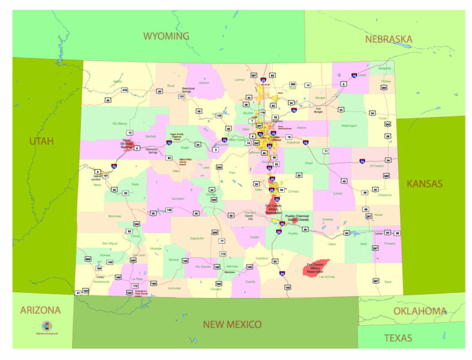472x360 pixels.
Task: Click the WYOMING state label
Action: [166, 37]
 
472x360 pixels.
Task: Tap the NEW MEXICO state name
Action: [232, 325]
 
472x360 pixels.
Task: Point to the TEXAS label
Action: [398, 338]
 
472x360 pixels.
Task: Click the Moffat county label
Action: [118, 81]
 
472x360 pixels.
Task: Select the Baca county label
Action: [387, 281]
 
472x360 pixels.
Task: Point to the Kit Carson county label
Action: [377, 166]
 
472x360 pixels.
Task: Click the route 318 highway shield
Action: [125, 90]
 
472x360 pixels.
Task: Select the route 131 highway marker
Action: [182, 96]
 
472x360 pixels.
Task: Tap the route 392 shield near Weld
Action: [293, 85]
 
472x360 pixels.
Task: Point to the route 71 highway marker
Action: [326, 151]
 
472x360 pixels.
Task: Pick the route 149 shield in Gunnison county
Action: [169, 210]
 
